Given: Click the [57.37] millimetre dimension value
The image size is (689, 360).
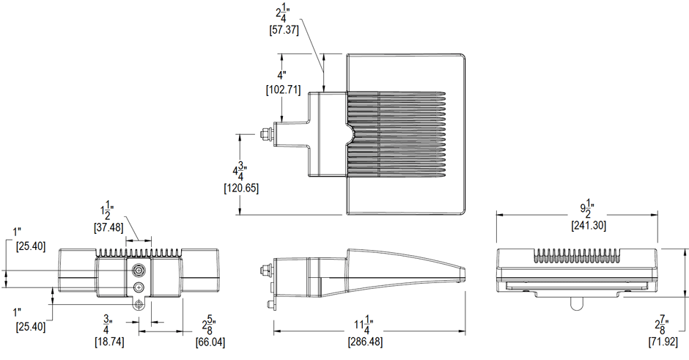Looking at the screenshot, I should tap(285, 31).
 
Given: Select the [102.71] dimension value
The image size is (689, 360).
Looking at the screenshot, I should tap(283, 90).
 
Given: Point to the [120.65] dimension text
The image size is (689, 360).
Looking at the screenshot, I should tap(240, 188).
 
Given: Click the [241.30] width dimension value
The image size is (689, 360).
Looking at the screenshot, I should tap(588, 227).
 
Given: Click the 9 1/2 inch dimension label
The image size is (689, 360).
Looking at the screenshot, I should tap(586, 207).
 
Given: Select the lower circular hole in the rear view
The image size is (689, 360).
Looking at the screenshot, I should tap(139, 287).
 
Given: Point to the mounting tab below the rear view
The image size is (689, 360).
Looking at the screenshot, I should tap(138, 303).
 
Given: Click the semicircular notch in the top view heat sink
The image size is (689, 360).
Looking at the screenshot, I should tap(350, 134).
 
